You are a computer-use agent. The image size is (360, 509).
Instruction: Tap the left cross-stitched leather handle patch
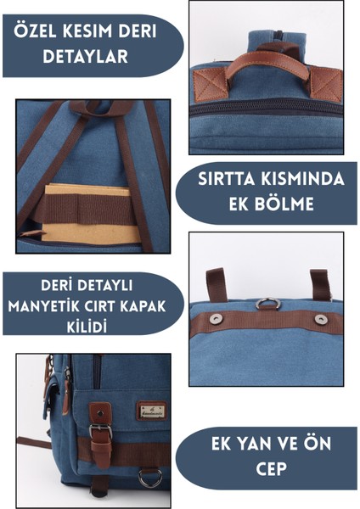209,83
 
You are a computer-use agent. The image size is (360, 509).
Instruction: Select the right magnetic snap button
321,319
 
